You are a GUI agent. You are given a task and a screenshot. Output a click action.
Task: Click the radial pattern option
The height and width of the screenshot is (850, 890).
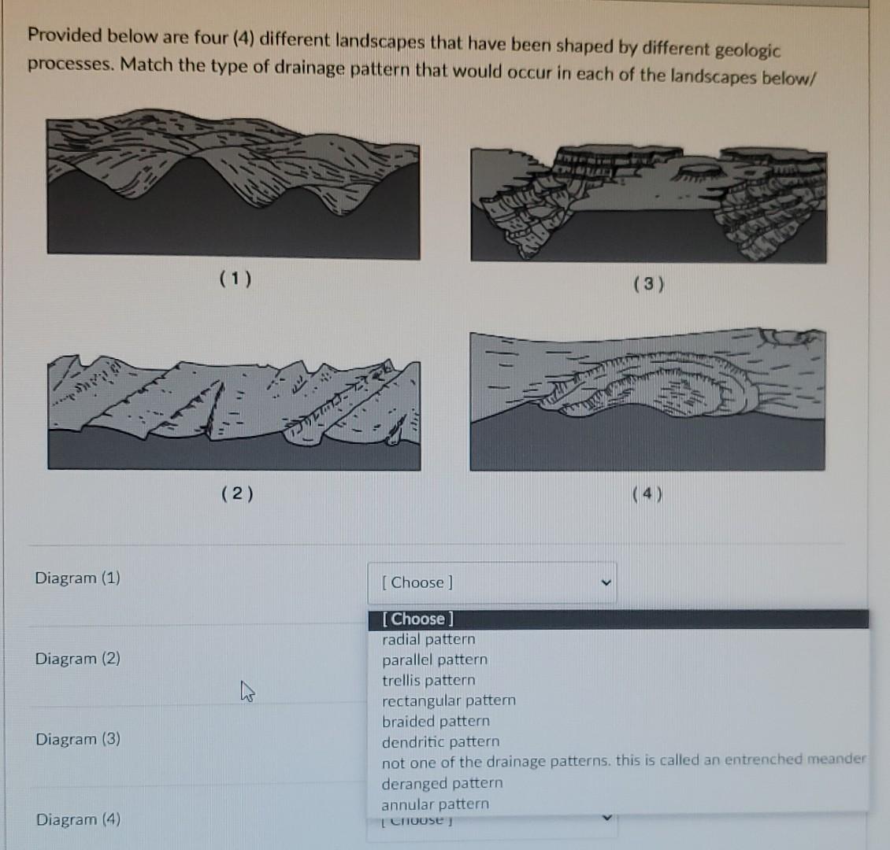tap(428, 639)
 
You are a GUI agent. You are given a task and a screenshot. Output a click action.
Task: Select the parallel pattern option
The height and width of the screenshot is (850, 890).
tap(435, 660)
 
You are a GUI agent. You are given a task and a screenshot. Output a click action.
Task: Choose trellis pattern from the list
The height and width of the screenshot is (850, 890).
tap(428, 680)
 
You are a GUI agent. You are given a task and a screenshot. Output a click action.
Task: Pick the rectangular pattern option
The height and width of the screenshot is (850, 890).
tap(449, 700)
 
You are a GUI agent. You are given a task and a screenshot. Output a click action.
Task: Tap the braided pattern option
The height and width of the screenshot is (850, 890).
tap(436, 721)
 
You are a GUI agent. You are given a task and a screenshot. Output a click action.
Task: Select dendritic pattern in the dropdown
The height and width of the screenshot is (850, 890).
tap(440, 741)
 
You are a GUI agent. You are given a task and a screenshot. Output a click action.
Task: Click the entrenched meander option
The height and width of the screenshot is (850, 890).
tap(623, 761)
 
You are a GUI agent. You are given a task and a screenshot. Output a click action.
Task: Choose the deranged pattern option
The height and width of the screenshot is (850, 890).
tap(442, 783)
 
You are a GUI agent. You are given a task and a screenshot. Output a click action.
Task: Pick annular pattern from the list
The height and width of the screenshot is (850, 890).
tap(435, 804)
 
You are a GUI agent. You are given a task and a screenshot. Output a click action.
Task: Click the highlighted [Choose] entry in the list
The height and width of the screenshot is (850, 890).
tap(418, 619)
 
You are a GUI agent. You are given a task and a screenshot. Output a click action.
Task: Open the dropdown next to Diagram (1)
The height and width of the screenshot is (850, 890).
tap(491, 582)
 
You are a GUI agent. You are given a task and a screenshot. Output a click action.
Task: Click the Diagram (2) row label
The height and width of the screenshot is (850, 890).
tap(78, 658)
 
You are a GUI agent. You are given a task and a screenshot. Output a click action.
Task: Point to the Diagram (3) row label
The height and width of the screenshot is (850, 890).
tap(78, 738)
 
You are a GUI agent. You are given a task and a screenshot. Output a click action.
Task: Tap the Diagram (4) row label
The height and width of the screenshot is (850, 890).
tap(78, 819)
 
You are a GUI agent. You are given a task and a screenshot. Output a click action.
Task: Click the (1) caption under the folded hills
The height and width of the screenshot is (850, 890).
tap(235, 279)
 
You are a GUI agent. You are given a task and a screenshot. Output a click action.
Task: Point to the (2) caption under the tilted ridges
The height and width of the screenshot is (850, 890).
tap(237, 493)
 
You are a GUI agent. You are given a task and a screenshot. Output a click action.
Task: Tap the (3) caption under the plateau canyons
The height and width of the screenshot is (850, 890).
tap(648, 284)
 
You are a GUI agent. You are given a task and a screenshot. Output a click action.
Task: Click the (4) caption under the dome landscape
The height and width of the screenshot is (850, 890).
tap(647, 494)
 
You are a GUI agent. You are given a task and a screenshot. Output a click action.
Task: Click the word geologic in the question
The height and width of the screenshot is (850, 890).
tap(747, 50)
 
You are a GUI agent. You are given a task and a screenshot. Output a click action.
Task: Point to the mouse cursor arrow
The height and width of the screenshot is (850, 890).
tap(247, 692)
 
